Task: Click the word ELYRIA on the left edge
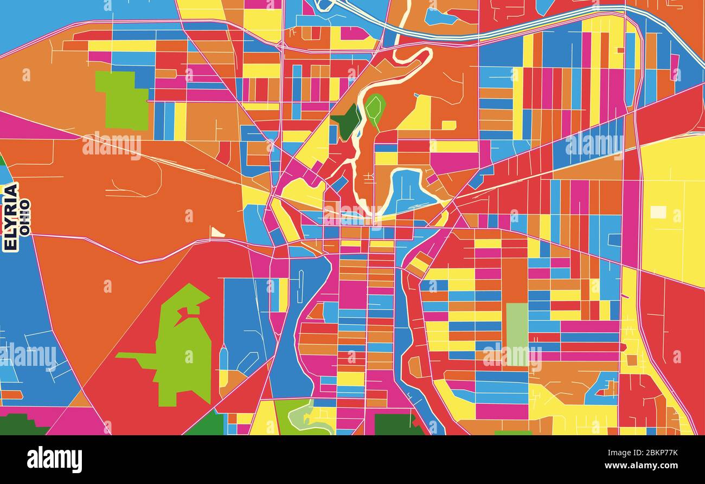coord(10,217)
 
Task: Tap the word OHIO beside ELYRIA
coord(25,217)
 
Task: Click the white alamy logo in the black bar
coord(54,459)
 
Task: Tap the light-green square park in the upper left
coord(124,100)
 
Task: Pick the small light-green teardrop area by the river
coord(374,107)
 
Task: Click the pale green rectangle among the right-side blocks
coord(516,325)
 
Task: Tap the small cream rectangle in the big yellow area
coord(658,211)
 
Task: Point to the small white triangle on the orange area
coord(216,233)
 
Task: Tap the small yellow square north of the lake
coord(448,125)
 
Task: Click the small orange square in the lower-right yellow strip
coord(631,359)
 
